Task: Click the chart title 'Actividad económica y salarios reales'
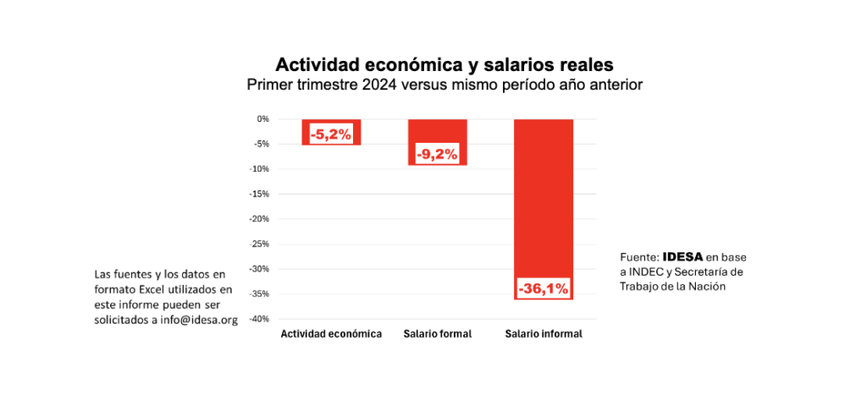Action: click(444, 64)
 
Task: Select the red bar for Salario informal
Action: click(544, 195)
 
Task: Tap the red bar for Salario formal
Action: click(437, 135)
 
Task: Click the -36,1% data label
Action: click(544, 288)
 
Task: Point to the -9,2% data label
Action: click(437, 154)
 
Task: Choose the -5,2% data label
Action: click(331, 134)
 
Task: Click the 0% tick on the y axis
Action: click(262, 119)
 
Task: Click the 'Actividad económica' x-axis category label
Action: click(331, 334)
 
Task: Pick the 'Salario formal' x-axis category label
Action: click(437, 334)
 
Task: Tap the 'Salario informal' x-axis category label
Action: click(544, 334)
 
